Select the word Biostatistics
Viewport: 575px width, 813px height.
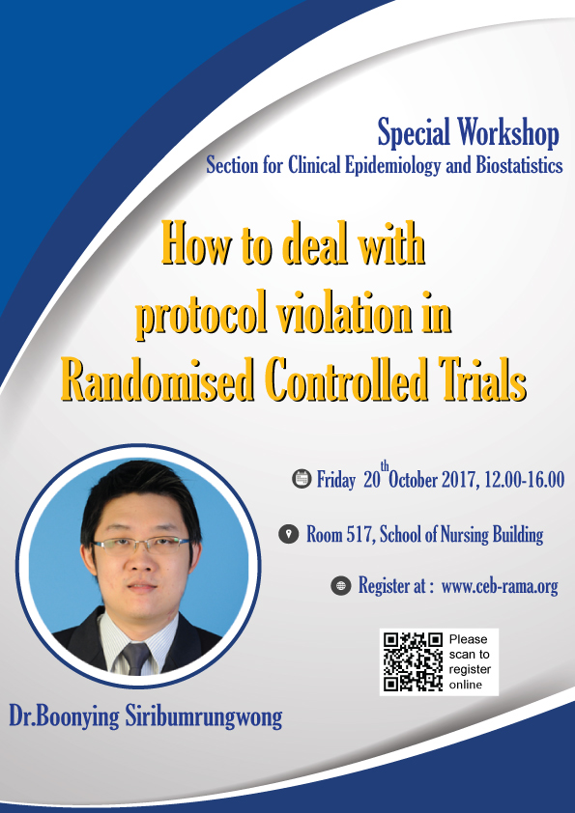(x=520, y=165)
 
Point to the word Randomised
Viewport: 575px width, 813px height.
(x=158, y=379)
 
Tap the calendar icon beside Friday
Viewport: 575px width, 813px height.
(x=302, y=478)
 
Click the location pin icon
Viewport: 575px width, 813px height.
(x=289, y=534)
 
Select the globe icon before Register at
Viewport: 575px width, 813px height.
(x=341, y=585)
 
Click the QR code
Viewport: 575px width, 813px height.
(x=413, y=661)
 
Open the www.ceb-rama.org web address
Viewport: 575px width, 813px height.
(x=500, y=586)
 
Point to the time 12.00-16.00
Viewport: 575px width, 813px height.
(x=524, y=480)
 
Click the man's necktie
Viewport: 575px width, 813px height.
(x=135, y=658)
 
